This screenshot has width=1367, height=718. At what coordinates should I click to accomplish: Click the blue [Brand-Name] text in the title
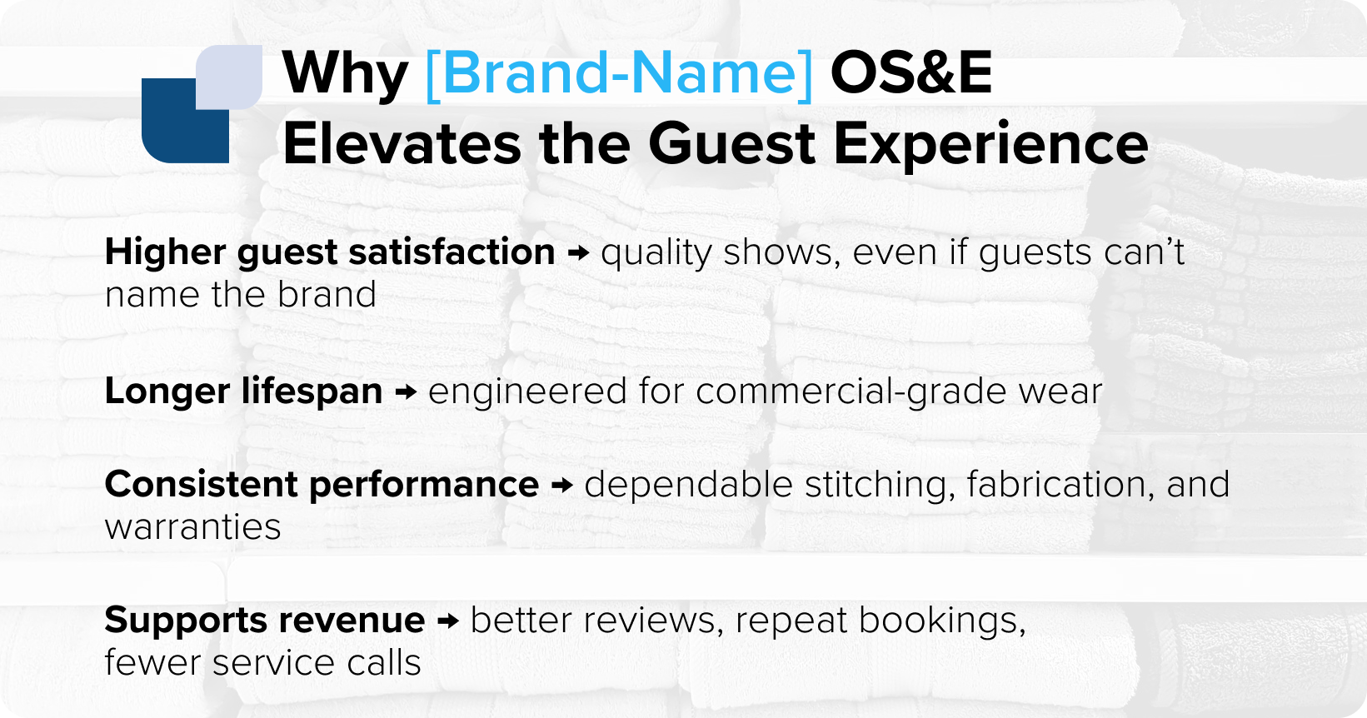click(618, 73)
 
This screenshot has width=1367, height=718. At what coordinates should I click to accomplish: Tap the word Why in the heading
click(345, 75)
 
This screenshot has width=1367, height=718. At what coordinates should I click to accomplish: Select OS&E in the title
click(911, 73)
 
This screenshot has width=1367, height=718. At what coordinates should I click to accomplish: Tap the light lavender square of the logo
click(230, 76)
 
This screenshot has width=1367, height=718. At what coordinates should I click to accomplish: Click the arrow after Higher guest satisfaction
click(578, 253)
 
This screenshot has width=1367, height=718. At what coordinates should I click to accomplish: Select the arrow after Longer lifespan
click(406, 391)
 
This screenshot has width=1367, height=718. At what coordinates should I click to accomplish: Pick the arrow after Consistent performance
click(562, 485)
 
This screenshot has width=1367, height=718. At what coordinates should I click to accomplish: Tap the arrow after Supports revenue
click(448, 621)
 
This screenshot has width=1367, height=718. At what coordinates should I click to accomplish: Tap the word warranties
click(192, 527)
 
